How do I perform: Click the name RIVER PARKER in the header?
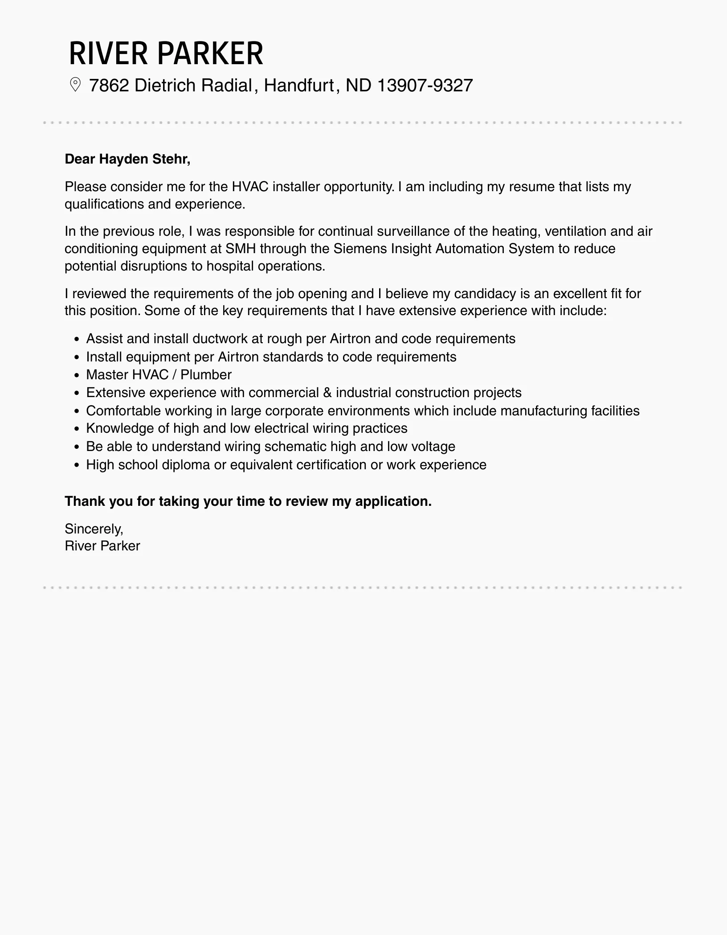click(x=166, y=53)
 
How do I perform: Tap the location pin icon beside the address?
click(x=75, y=85)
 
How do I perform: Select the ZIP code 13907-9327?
click(x=425, y=85)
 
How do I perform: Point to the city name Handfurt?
click(x=299, y=85)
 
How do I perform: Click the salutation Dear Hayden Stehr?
click(x=127, y=159)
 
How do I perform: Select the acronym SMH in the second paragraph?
click(x=241, y=248)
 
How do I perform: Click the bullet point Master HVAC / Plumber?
click(x=159, y=374)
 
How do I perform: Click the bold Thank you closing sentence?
click(x=248, y=501)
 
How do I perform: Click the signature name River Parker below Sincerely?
click(x=102, y=546)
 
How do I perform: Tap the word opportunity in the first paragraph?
click(x=359, y=186)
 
